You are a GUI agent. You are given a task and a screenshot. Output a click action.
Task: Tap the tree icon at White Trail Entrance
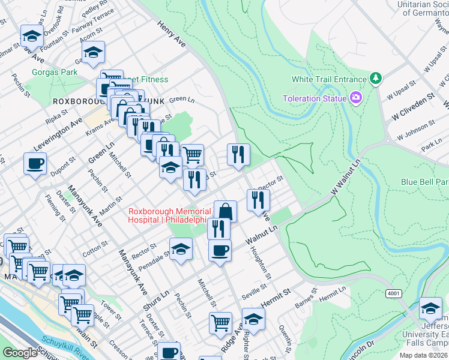[376, 79]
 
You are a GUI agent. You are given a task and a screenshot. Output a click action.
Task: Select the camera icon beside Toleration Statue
[357, 98]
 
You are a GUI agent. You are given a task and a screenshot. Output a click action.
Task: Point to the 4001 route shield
[394, 292]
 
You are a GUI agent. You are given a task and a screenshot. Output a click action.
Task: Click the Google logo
[20, 353]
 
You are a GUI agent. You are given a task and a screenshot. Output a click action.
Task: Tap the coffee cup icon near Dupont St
[35, 163]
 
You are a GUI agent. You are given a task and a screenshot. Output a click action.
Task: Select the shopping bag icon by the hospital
[225, 211]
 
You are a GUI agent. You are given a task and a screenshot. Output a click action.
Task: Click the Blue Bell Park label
[424, 181]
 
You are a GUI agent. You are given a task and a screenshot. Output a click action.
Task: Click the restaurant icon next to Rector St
[258, 200]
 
